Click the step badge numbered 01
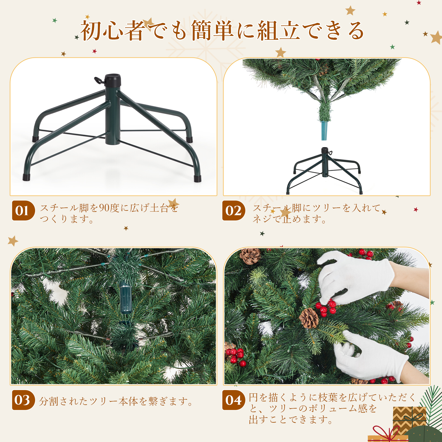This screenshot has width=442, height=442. coord(23,211)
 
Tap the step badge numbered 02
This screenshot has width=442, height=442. coord(234,211)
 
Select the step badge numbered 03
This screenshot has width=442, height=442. coord(23,400)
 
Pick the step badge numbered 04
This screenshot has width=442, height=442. coord(234,400)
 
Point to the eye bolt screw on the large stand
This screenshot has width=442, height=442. coord(99,80)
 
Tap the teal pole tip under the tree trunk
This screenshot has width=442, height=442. coord(324,130)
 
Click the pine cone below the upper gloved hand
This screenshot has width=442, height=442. coord(309,318)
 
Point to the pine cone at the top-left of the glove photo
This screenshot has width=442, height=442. coord(250,256)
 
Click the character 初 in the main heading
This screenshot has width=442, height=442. coord(91,31)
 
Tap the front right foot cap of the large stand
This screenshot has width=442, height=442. coord(198,178)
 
